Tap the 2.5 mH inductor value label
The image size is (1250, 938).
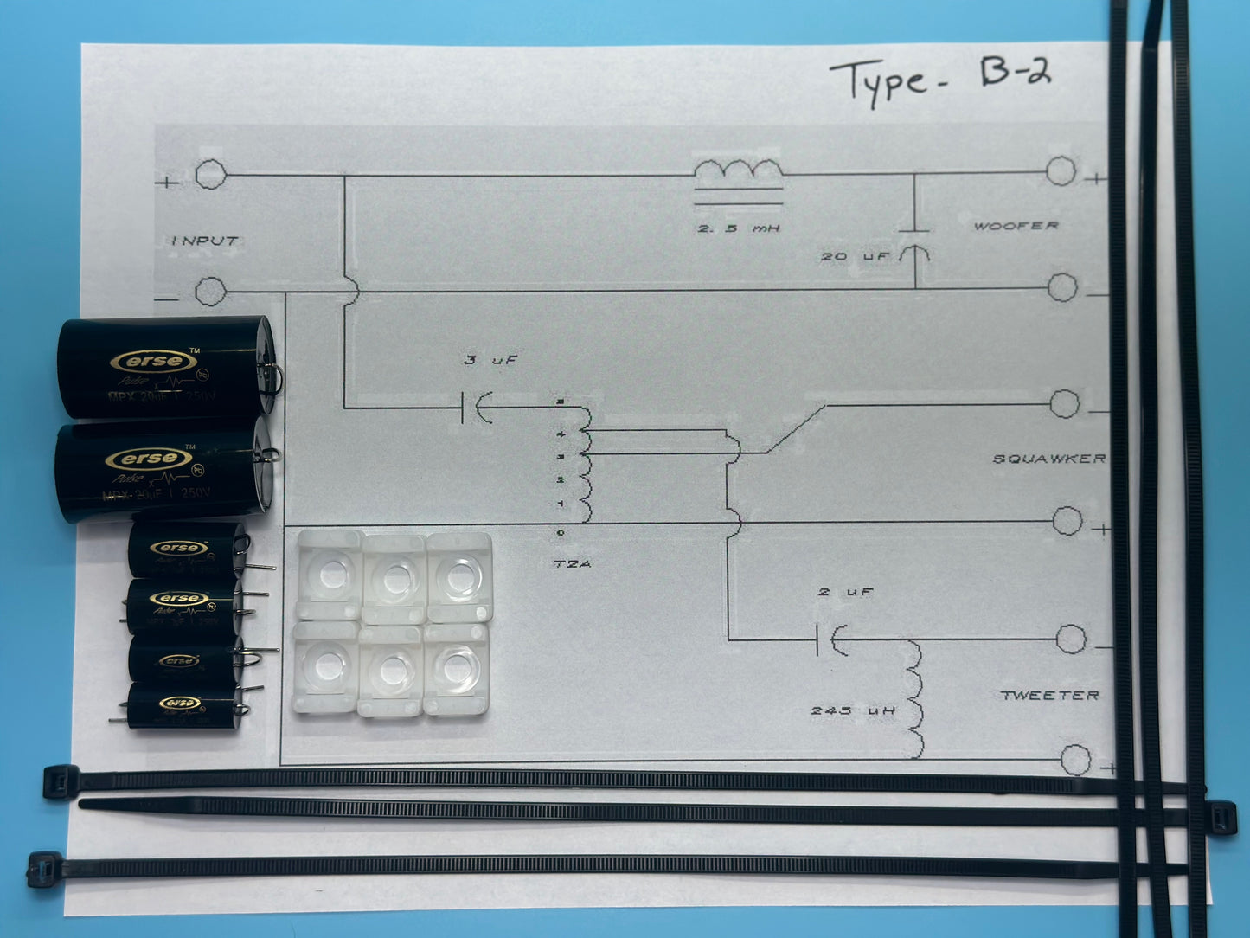[739, 228]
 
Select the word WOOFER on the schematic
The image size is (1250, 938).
[1016, 226]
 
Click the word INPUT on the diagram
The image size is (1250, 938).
[204, 241]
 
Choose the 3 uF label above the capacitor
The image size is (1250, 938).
[490, 359]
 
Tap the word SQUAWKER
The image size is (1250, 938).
[1048, 459]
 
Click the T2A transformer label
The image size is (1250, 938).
[571, 564]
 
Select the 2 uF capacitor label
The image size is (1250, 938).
[845, 592]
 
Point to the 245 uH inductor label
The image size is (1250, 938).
[853, 710]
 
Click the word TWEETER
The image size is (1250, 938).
[1049, 695]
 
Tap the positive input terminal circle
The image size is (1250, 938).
[210, 175]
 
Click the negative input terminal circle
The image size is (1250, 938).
[210, 291]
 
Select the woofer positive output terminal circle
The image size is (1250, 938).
[1061, 171]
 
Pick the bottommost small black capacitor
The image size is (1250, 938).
[182, 705]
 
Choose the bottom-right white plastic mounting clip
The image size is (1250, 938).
[457, 668]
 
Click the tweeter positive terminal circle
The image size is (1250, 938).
[1075, 760]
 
